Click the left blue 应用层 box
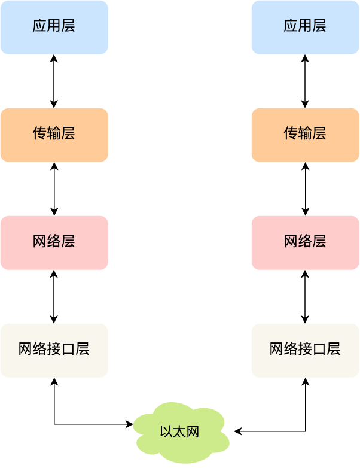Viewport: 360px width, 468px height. [x=54, y=27]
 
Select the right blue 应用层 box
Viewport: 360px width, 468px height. [x=305, y=27]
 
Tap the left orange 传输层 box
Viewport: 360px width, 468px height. [x=54, y=135]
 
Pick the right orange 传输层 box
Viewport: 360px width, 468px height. [x=305, y=135]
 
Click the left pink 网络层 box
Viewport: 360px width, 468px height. [x=54, y=242]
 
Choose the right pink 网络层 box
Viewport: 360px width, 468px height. [x=305, y=242]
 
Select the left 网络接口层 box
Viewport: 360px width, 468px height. [x=54, y=350]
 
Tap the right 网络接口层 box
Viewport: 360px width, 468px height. [x=305, y=350]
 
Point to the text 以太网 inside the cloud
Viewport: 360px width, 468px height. [x=179, y=431]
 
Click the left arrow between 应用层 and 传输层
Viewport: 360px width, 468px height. [x=54, y=81]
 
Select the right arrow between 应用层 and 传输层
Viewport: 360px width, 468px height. [x=305, y=81]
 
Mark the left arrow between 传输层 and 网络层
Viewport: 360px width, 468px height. [x=54, y=189]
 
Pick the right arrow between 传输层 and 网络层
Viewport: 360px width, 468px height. [x=305, y=189]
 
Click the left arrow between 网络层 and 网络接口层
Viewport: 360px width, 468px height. [x=54, y=296]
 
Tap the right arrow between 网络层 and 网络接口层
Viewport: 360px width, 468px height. [x=305, y=296]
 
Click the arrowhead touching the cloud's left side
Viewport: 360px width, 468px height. [x=130, y=424]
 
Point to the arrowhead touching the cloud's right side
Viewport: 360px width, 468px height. [x=237, y=431]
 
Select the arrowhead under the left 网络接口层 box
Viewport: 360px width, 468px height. [x=54, y=381]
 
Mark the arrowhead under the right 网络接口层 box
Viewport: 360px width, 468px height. [x=305, y=381]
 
